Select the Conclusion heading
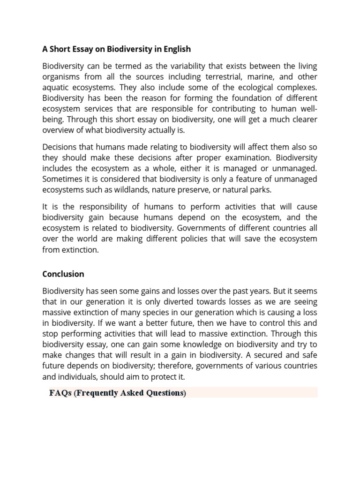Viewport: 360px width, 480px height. pos(63,274)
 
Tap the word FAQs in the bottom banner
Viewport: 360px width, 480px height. pos(60,393)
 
